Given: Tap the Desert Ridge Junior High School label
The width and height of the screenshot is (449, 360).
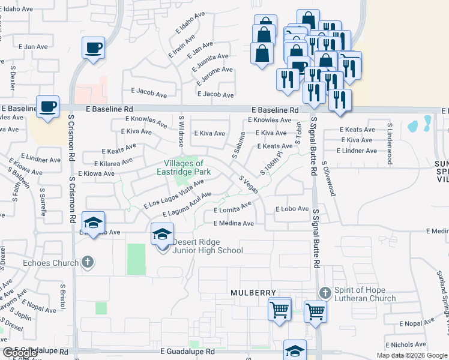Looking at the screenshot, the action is pos(207,247).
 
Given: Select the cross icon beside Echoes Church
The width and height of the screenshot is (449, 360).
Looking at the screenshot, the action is pos(88,262).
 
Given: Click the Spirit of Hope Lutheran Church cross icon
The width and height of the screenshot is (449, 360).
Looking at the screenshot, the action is pos(325,293).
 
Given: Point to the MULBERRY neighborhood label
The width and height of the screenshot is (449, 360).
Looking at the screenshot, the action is pos(254,293).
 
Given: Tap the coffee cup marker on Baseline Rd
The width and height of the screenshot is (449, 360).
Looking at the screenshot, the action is pos(47,106).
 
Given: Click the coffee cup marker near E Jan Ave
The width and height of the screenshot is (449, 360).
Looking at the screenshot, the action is pos(94,47).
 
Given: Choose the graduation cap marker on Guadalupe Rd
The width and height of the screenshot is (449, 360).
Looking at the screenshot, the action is pos(295,350).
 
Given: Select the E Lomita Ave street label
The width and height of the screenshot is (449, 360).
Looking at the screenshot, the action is pos(232,209).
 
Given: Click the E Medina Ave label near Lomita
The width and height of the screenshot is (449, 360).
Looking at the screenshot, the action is pos(234,223).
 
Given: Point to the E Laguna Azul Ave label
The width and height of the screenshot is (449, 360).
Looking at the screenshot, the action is pos(187,205).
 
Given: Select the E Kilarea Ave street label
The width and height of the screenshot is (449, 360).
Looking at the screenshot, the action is pos(113,163).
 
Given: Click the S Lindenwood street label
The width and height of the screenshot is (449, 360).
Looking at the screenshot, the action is pos(390,144).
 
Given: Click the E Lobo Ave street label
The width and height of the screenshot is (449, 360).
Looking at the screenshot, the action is pos(292,209).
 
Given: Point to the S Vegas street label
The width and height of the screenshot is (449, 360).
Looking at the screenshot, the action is pos(249,184).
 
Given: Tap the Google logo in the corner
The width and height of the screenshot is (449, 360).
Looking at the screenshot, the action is pos(20,353).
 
